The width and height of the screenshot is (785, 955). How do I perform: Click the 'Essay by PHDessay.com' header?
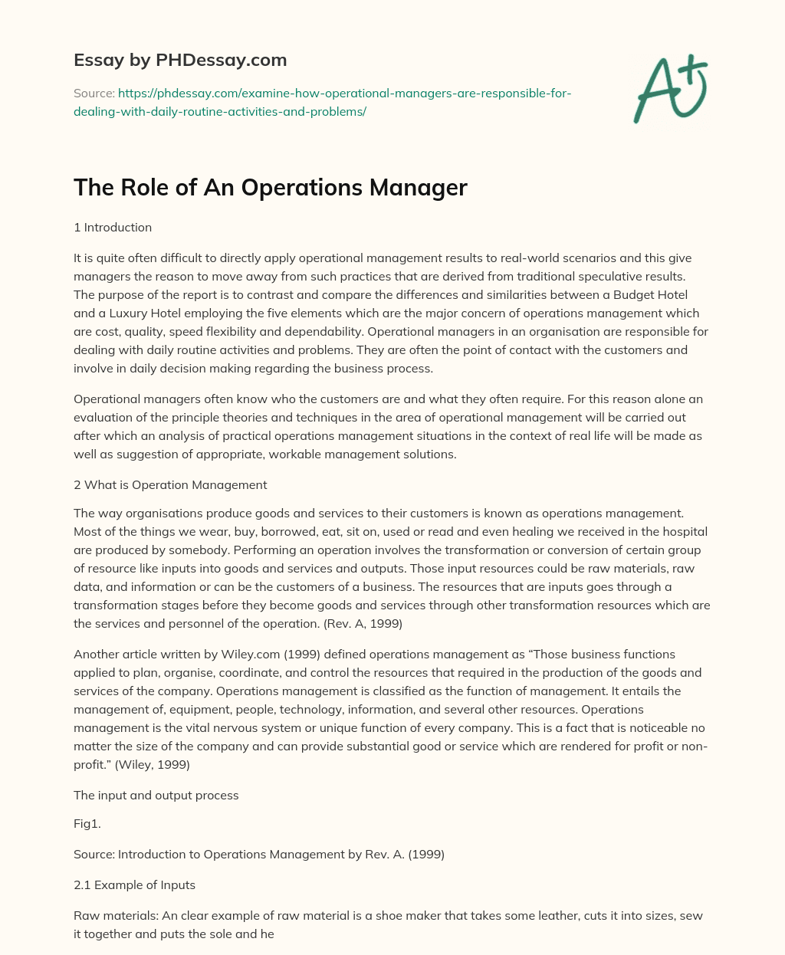pyautogui.click(x=180, y=60)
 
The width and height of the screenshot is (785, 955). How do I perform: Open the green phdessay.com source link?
pyautogui.click(x=322, y=102)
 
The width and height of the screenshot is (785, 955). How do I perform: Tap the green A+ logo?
pyautogui.click(x=670, y=88)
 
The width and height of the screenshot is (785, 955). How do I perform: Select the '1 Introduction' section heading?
pyautogui.click(x=113, y=227)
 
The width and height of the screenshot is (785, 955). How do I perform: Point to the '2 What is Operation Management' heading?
pyautogui.click(x=170, y=484)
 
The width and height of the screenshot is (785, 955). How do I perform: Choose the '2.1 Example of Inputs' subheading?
pyautogui.click(x=134, y=884)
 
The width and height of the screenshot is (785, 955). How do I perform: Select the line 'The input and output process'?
pyautogui.click(x=156, y=795)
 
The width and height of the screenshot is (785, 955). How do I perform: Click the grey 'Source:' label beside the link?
pyautogui.click(x=94, y=94)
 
